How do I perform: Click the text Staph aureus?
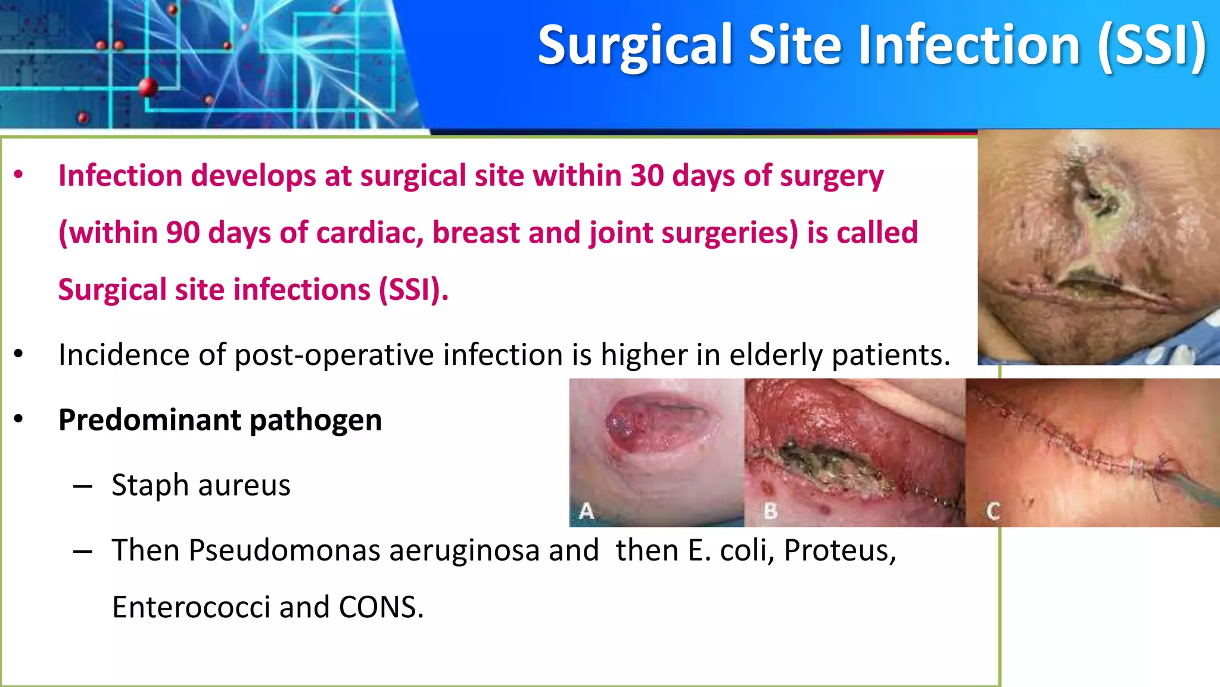pyautogui.click(x=201, y=485)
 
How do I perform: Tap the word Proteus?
pyautogui.click(x=839, y=550)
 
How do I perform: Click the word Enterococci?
pyautogui.click(x=191, y=607)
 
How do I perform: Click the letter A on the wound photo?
pyautogui.click(x=586, y=511)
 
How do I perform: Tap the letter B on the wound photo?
pyautogui.click(x=771, y=511)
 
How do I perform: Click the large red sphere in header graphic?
pyautogui.click(x=148, y=88)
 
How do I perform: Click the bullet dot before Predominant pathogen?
pyautogui.click(x=18, y=420)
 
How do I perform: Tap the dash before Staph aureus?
pyautogui.click(x=83, y=487)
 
